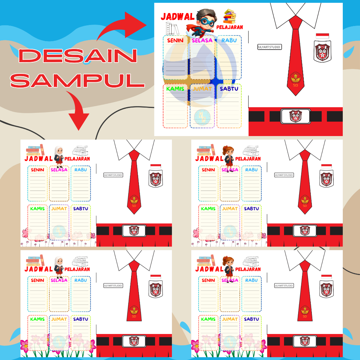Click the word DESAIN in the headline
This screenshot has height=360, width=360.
tap(78, 56)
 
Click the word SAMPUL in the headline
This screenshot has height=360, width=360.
tap(77, 80)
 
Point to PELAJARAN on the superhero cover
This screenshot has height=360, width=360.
tap(230, 27)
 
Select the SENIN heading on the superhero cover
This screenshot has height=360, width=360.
tap(175, 40)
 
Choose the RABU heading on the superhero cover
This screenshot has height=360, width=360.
tap(229, 40)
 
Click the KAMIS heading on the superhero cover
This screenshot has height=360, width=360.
tap(175, 89)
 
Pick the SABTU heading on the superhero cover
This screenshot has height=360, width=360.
tap(229, 89)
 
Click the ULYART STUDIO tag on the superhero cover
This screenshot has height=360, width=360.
tap(270, 47)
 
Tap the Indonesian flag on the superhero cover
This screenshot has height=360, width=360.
tap(322, 36)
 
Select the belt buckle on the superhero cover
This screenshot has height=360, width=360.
tap(296, 116)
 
